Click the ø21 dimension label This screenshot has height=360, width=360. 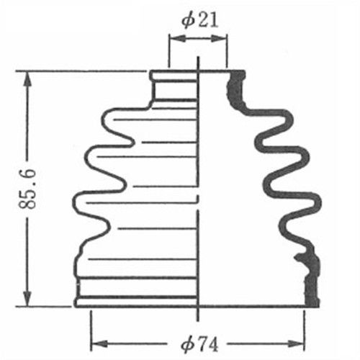[200, 20]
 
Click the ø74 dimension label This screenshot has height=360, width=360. [199, 345]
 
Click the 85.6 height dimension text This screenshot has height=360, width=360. [27, 189]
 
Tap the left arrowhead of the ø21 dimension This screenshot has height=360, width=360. [178, 38]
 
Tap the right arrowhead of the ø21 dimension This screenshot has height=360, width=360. [219, 38]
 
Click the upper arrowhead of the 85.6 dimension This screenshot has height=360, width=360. [28, 81]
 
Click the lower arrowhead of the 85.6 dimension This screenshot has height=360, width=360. [28, 297]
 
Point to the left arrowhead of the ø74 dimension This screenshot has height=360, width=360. [99, 344]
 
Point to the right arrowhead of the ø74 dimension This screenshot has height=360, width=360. [296, 344]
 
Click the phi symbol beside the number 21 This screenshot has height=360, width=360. [188, 20]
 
